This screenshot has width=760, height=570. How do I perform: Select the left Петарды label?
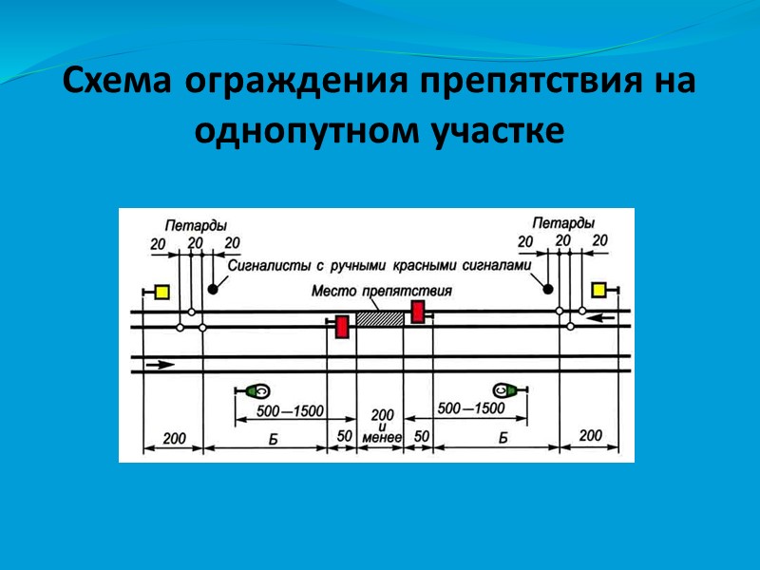coord(195,226)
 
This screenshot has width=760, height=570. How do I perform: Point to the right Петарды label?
coord(562,223)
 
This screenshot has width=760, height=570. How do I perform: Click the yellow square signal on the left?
coord(161,293)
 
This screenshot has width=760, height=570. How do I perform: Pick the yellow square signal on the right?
coord(598,291)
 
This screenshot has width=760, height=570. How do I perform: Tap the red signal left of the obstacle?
coord(342,327)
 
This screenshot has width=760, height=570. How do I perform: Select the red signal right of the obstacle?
coord(417,312)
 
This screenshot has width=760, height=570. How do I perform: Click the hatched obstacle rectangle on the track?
coord(379,319)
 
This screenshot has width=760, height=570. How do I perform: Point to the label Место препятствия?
coord(381,291)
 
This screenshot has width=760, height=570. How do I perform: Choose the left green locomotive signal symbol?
coord(257,390)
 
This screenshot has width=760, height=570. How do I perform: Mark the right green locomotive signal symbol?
coord(503,389)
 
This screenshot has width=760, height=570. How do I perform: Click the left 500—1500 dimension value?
coord(292,411)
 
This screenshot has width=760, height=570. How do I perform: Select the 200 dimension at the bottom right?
coord(590,435)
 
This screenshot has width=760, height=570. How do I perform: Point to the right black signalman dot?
coord(548,287)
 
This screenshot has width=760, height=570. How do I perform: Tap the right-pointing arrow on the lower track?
coord(162,364)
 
